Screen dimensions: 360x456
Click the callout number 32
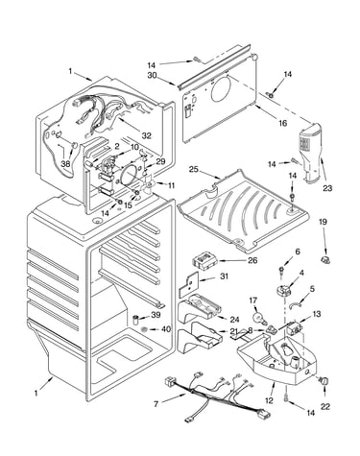(x=146, y=135)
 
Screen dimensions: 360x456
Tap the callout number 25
(x=193, y=169)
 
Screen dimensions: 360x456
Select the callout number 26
(x=252, y=260)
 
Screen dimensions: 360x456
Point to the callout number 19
(x=323, y=222)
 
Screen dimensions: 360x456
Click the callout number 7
(x=156, y=404)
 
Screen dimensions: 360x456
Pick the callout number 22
(x=325, y=407)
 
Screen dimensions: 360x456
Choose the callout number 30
(x=152, y=76)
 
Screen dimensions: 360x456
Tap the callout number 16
(x=282, y=123)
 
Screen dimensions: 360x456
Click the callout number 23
(x=327, y=188)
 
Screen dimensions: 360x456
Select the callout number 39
(x=156, y=315)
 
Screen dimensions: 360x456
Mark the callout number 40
(x=166, y=329)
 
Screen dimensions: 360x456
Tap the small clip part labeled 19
(x=325, y=260)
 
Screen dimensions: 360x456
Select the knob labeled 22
(x=324, y=381)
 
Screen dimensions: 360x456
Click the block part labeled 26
(x=204, y=260)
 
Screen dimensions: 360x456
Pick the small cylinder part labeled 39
(x=136, y=320)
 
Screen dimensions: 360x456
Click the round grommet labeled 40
(x=144, y=329)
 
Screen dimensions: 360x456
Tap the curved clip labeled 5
(x=294, y=305)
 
